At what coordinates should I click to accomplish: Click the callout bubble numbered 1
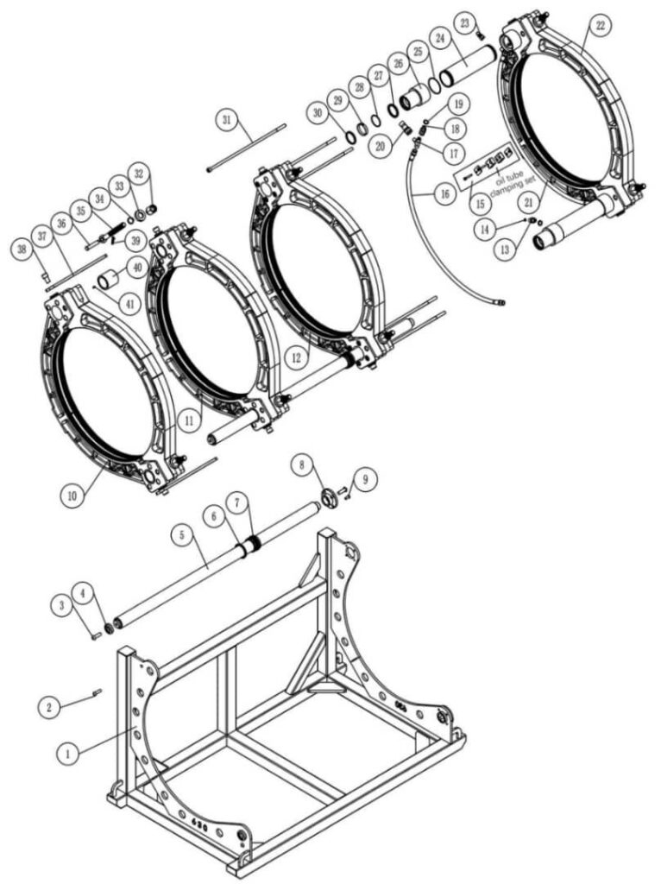point(69,753)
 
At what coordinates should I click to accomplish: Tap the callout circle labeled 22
point(600,26)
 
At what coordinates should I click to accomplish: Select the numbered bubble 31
point(227,120)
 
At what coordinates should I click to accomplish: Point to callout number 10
point(72,496)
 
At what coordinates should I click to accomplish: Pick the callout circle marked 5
point(183,534)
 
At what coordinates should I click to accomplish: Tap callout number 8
point(303,464)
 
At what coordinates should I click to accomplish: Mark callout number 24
point(441,38)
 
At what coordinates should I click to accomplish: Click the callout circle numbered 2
point(49,707)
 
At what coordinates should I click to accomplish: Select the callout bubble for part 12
point(297,357)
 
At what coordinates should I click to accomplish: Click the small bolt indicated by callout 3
point(95,636)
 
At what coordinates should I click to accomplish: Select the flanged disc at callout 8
point(328,498)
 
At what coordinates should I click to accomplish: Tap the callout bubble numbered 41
point(130,304)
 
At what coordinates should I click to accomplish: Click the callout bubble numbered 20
point(381,145)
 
